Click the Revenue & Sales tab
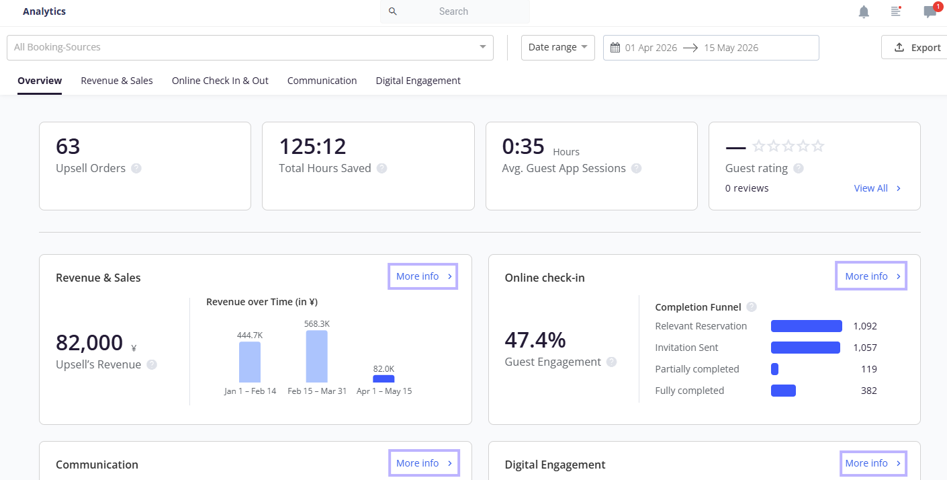click(117, 81)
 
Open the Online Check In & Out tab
click(220, 81)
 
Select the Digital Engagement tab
click(418, 81)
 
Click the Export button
click(915, 48)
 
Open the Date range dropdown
click(557, 48)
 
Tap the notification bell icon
click(864, 12)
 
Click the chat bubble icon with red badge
click(930, 11)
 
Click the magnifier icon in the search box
click(393, 11)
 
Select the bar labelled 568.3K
click(316, 356)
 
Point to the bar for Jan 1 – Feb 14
click(250, 362)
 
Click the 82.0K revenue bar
click(384, 379)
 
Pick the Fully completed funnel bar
click(783, 391)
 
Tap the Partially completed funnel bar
click(774, 369)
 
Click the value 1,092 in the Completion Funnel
click(865, 326)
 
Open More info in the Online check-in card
click(871, 276)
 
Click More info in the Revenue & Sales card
click(422, 276)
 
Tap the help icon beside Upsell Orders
click(136, 169)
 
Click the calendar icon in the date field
click(615, 48)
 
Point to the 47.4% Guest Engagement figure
click(535, 340)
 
